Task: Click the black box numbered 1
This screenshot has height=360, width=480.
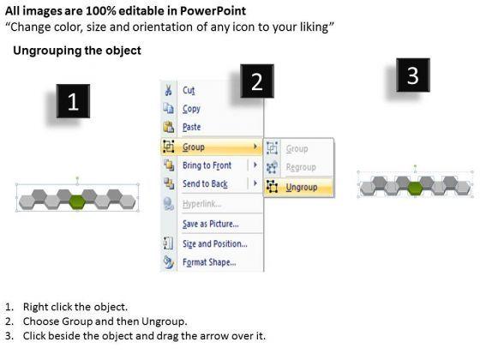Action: pyautogui.click(x=73, y=101)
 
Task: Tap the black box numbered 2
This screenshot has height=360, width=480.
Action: pyautogui.click(x=257, y=81)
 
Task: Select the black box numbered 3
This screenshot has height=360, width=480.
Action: pyautogui.click(x=413, y=75)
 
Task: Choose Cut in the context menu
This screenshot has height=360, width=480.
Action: pyautogui.click(x=189, y=90)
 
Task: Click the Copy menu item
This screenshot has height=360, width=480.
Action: pyautogui.click(x=191, y=109)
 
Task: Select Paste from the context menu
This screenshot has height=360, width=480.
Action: pyautogui.click(x=192, y=127)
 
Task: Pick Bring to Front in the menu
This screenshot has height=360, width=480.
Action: pyautogui.click(x=207, y=165)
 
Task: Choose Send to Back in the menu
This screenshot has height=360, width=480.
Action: pyautogui.click(x=205, y=183)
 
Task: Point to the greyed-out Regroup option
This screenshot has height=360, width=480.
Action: pyautogui.click(x=301, y=167)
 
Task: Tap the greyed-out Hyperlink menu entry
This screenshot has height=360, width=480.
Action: pyautogui.click(x=201, y=204)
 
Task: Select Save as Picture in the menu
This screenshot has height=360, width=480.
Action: pyautogui.click(x=211, y=224)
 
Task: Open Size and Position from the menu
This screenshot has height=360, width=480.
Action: pyautogui.click(x=215, y=243)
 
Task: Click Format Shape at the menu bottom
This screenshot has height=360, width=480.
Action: pyautogui.click(x=209, y=262)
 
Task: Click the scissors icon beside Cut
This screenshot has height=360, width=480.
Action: pyautogui.click(x=168, y=90)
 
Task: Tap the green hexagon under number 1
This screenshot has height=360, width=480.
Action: pyautogui.click(x=77, y=202)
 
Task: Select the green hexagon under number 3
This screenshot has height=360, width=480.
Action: pyautogui.click(x=415, y=188)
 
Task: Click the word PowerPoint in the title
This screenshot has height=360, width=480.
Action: pyautogui.click(x=213, y=11)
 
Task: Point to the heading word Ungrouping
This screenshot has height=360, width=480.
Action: pyautogui.click(x=47, y=51)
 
